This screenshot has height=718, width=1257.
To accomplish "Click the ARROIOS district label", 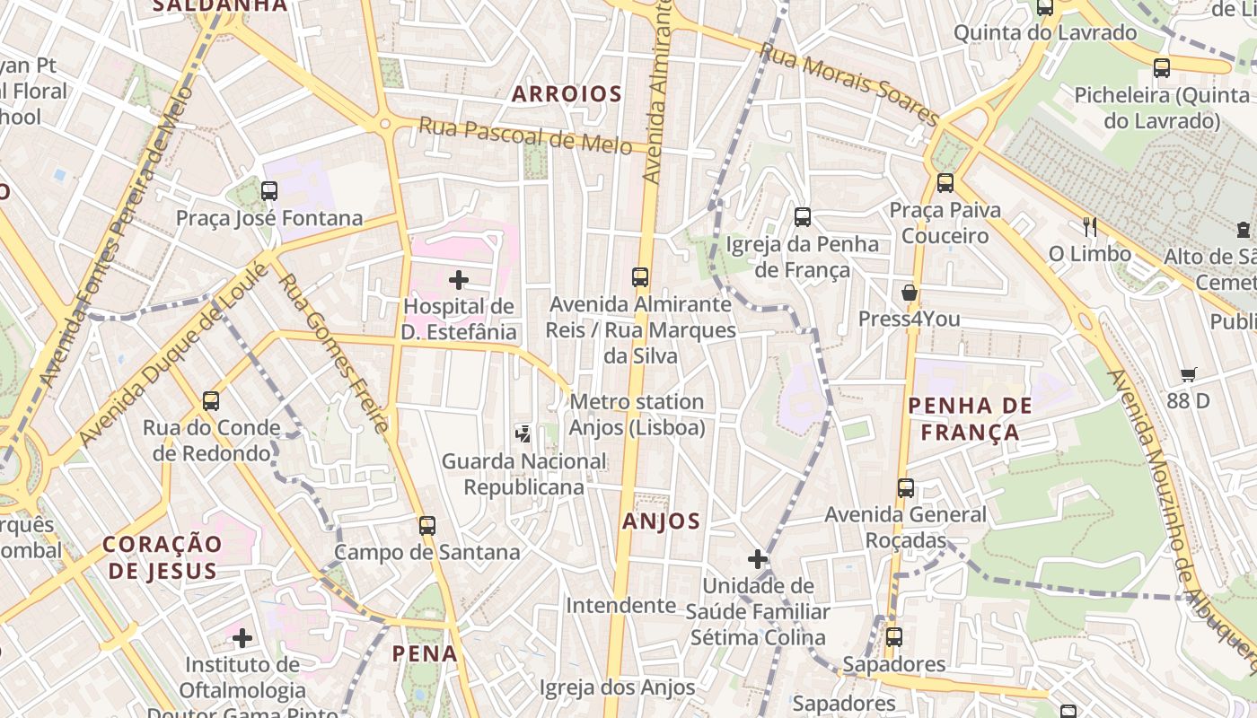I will pyautogui.click(x=567, y=93).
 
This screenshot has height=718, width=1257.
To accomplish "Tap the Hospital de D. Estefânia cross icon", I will pyautogui.click(x=459, y=280).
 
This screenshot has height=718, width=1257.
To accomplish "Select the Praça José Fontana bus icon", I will pyautogui.click(x=268, y=190).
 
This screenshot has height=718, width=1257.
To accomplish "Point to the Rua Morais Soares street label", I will pyautogui.click(x=849, y=84).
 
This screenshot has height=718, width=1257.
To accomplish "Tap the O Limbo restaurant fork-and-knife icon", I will pyautogui.click(x=1089, y=227).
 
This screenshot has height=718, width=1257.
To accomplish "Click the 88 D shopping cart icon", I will pyautogui.click(x=1189, y=374).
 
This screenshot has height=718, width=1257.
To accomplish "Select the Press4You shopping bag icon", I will pyautogui.click(x=909, y=293).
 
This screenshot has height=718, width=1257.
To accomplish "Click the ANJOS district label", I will pyautogui.click(x=661, y=521).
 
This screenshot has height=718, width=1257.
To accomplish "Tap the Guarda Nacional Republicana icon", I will pyautogui.click(x=523, y=434).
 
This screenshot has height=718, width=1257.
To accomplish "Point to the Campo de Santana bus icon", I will pyautogui.click(x=427, y=525).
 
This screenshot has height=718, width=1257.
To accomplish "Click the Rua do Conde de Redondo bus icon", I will pyautogui.click(x=211, y=400).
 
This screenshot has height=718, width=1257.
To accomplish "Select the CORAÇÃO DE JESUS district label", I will pyautogui.click(x=162, y=556).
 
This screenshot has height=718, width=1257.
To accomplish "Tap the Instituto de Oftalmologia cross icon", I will pyautogui.click(x=242, y=638).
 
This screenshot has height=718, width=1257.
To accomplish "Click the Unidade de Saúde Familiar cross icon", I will pyautogui.click(x=758, y=559).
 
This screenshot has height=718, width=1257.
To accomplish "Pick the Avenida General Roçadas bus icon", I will pyautogui.click(x=906, y=488).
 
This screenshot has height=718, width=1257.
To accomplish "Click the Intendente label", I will pyautogui.click(x=620, y=606).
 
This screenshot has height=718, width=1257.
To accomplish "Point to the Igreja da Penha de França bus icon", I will pyautogui.click(x=803, y=216).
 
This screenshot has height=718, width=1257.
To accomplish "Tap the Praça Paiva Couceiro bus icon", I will pyautogui.click(x=945, y=183).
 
